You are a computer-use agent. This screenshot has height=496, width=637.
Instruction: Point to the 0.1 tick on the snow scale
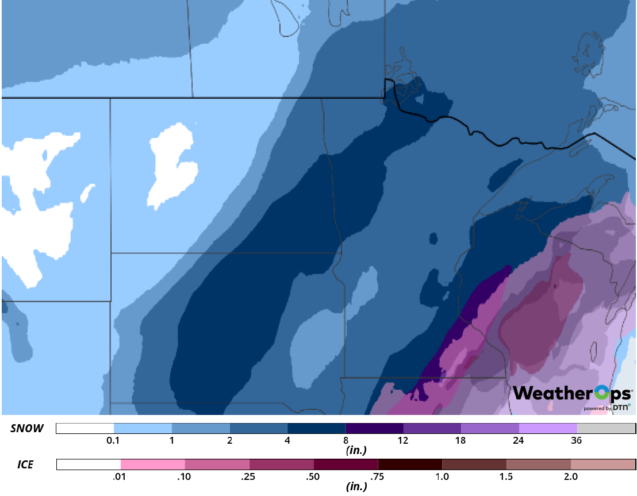(113, 440)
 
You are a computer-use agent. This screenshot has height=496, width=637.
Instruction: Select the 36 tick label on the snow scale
(577, 440)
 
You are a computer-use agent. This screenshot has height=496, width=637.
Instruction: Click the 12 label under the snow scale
(403, 440)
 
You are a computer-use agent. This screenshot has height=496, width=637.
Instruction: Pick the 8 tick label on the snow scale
(346, 440)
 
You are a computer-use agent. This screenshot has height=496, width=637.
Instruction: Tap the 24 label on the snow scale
(519, 440)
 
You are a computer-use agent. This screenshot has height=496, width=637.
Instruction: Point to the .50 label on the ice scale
(314, 476)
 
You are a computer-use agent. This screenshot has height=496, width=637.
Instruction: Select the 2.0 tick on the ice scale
(570, 476)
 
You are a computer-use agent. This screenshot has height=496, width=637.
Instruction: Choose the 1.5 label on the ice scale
(506, 476)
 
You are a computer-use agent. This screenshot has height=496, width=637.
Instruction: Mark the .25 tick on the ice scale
(250, 476)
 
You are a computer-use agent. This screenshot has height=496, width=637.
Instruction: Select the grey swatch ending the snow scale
(605, 428)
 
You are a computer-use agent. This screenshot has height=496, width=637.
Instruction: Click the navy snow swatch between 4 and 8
(316, 428)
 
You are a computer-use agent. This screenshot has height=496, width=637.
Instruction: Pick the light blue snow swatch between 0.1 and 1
(143, 428)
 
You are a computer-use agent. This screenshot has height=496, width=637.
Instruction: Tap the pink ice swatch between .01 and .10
(153, 464)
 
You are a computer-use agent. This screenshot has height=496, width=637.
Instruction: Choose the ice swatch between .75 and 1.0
(410, 464)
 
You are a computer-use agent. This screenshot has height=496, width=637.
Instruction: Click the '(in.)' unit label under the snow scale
(356, 451)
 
